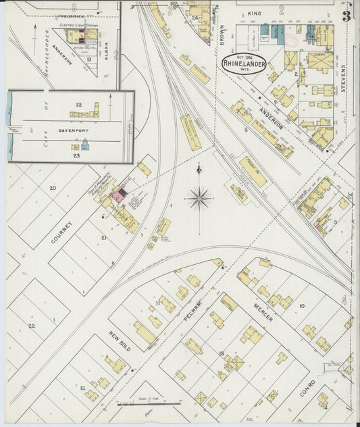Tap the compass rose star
click(199, 198)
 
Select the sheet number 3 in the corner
click(346, 15)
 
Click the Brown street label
click(221, 36)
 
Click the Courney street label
click(60, 228)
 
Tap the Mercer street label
click(263, 311)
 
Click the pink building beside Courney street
click(119, 197)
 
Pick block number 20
click(53, 188)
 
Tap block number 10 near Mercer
click(301, 305)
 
